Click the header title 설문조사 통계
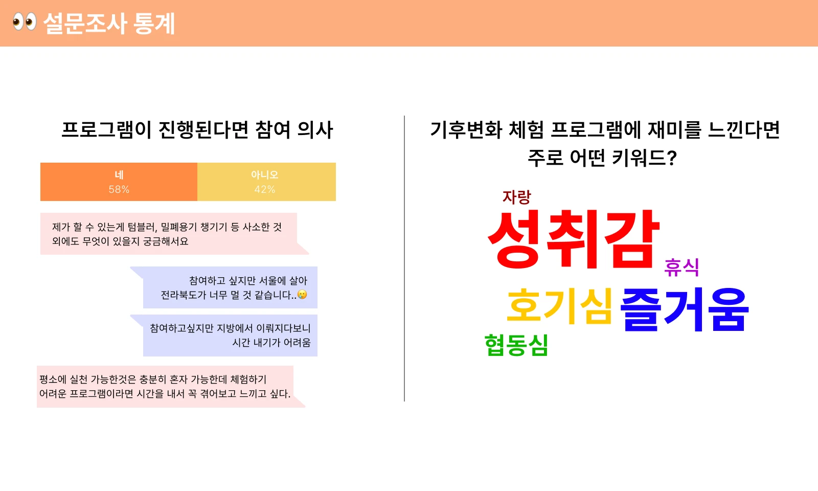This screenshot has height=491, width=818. coord(109,24)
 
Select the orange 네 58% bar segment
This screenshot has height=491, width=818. coord(119,182)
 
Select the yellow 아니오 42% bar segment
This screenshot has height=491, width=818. coord(266,182)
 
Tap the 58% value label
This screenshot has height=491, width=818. coord(119,189)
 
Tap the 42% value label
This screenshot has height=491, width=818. coord(265,189)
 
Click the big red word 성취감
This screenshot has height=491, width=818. coord(574,239)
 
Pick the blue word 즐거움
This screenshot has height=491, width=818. coord(685,309)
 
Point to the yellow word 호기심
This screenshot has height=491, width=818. coord(559,306)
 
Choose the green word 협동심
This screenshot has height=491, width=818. coord(516,345)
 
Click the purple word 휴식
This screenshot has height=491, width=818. coord(681,267)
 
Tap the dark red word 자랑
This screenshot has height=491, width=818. coord(517,197)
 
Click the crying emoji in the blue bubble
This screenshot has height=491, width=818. coord(302,294)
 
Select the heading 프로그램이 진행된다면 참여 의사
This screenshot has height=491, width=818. coord(197,130)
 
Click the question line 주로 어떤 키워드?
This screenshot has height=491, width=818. coord(603,158)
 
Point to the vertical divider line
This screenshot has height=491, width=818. coord(404,259)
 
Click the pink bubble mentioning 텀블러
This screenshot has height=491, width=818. coord(174,234)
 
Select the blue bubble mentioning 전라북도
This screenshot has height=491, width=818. coord(223,287)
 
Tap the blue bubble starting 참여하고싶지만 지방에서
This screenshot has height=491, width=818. coord(223,336)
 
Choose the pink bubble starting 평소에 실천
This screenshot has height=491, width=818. coord(171,387)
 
